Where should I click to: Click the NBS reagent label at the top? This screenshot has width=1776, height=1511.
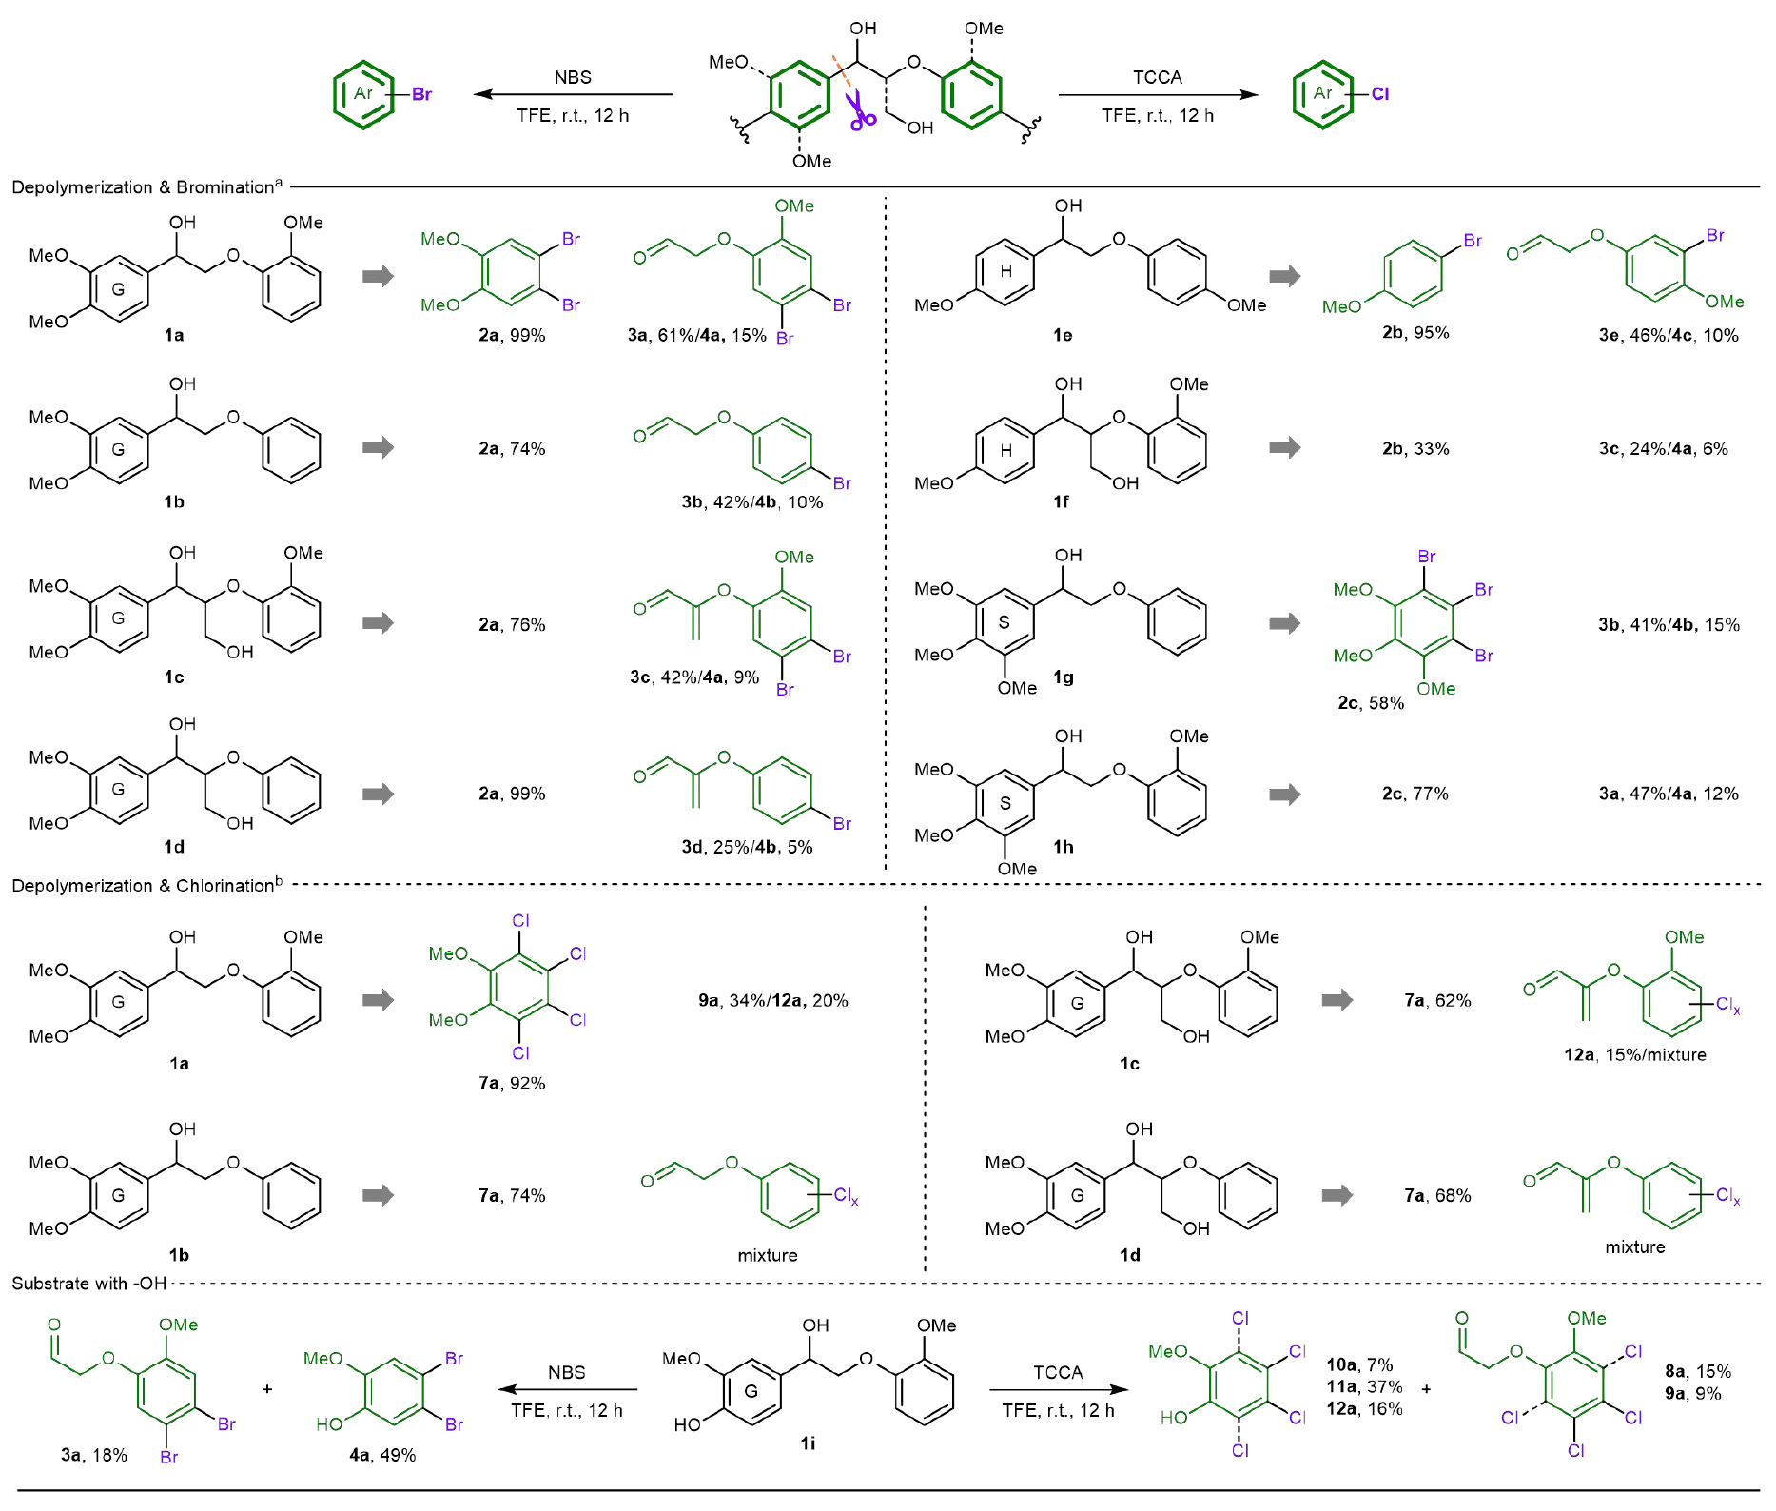[x=573, y=78]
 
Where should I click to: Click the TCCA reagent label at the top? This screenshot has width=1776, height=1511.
[x=1157, y=78]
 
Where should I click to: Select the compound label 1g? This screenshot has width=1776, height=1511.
[x=1063, y=677]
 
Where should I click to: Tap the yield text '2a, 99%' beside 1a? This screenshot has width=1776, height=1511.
[x=512, y=335]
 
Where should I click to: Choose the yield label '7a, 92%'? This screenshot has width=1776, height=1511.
[x=512, y=1083]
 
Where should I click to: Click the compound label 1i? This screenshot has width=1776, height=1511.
[x=807, y=1443]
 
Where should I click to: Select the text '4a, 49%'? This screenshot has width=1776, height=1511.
[x=382, y=1455]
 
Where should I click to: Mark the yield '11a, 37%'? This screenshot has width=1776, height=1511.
[x=1364, y=1387]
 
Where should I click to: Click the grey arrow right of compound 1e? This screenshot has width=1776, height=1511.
[x=1285, y=277]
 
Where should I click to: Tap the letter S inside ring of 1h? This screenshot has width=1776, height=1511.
[x=1005, y=803]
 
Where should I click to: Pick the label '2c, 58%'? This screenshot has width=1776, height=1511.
[x=1370, y=703]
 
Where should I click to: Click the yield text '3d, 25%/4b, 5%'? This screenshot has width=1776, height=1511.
[x=747, y=847]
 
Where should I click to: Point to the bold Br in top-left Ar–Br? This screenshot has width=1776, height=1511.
[x=421, y=94]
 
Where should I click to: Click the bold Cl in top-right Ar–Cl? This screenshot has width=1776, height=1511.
[x=1379, y=94]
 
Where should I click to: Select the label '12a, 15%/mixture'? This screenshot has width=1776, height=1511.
[x=1634, y=1054]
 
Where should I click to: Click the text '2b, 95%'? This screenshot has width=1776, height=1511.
[x=1415, y=332]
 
